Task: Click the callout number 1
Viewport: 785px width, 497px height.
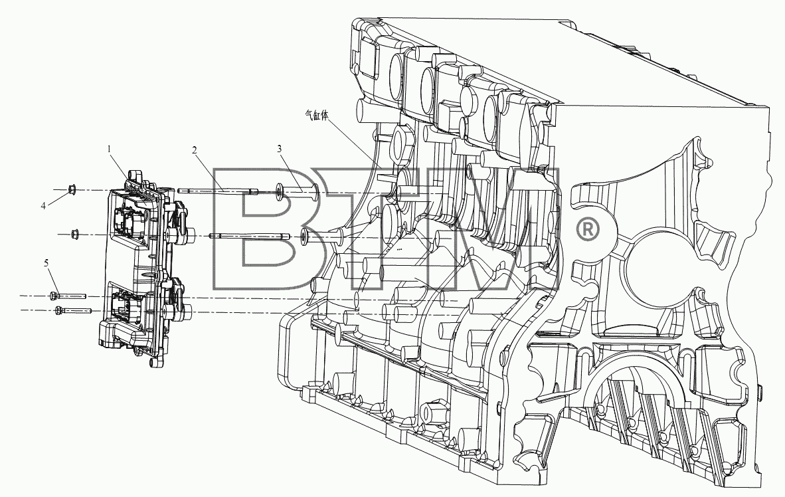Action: (x=109, y=149)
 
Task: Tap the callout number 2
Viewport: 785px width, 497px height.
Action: (x=194, y=149)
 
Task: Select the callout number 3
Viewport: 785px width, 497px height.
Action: (x=280, y=148)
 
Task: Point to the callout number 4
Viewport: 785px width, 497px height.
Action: (x=44, y=205)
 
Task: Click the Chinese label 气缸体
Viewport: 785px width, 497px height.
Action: (x=317, y=115)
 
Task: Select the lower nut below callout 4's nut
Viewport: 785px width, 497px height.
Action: (x=75, y=233)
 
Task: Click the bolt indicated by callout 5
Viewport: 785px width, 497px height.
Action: (x=68, y=296)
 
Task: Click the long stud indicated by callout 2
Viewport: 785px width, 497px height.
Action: (x=218, y=191)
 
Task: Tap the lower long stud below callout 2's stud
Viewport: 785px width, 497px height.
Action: (x=250, y=235)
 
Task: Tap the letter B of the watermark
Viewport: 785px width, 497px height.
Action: (x=264, y=228)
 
